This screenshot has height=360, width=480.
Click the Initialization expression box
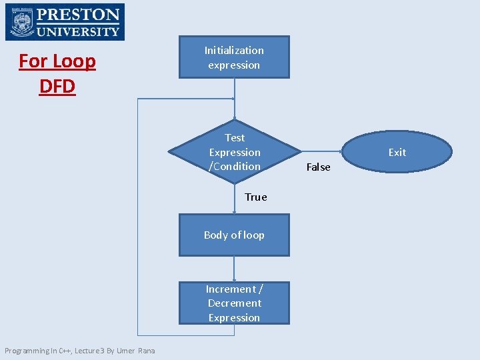234,57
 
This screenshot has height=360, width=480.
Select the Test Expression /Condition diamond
234,152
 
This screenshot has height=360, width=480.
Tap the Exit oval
397,152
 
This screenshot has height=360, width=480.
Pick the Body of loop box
234,235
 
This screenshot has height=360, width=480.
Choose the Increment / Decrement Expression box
234,303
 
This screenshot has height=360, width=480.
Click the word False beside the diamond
318,167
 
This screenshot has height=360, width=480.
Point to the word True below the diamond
255,197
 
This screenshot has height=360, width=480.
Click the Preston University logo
65,22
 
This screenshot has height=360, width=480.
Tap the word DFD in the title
57,87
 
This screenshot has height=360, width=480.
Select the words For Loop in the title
57,61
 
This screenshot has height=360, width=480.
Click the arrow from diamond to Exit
321,152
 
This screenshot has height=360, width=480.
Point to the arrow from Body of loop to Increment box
234,269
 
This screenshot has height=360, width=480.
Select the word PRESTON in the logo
79,14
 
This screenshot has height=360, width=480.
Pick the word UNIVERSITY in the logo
79,31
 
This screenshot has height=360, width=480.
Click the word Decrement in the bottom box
234,303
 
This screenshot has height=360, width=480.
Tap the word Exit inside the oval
397,152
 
